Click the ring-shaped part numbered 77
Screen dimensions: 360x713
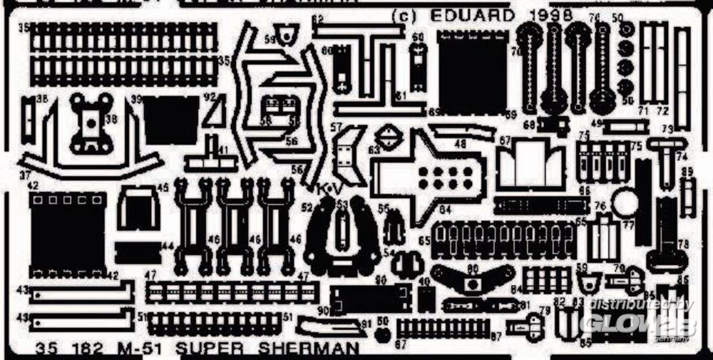(625, 204)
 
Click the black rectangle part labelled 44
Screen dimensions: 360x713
(138, 251)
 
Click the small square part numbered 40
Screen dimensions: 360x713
(426, 298)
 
